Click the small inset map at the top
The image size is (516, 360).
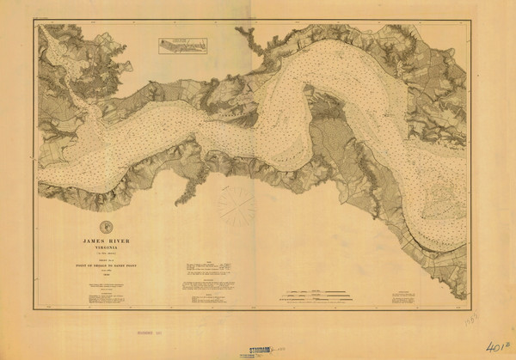(183, 46)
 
